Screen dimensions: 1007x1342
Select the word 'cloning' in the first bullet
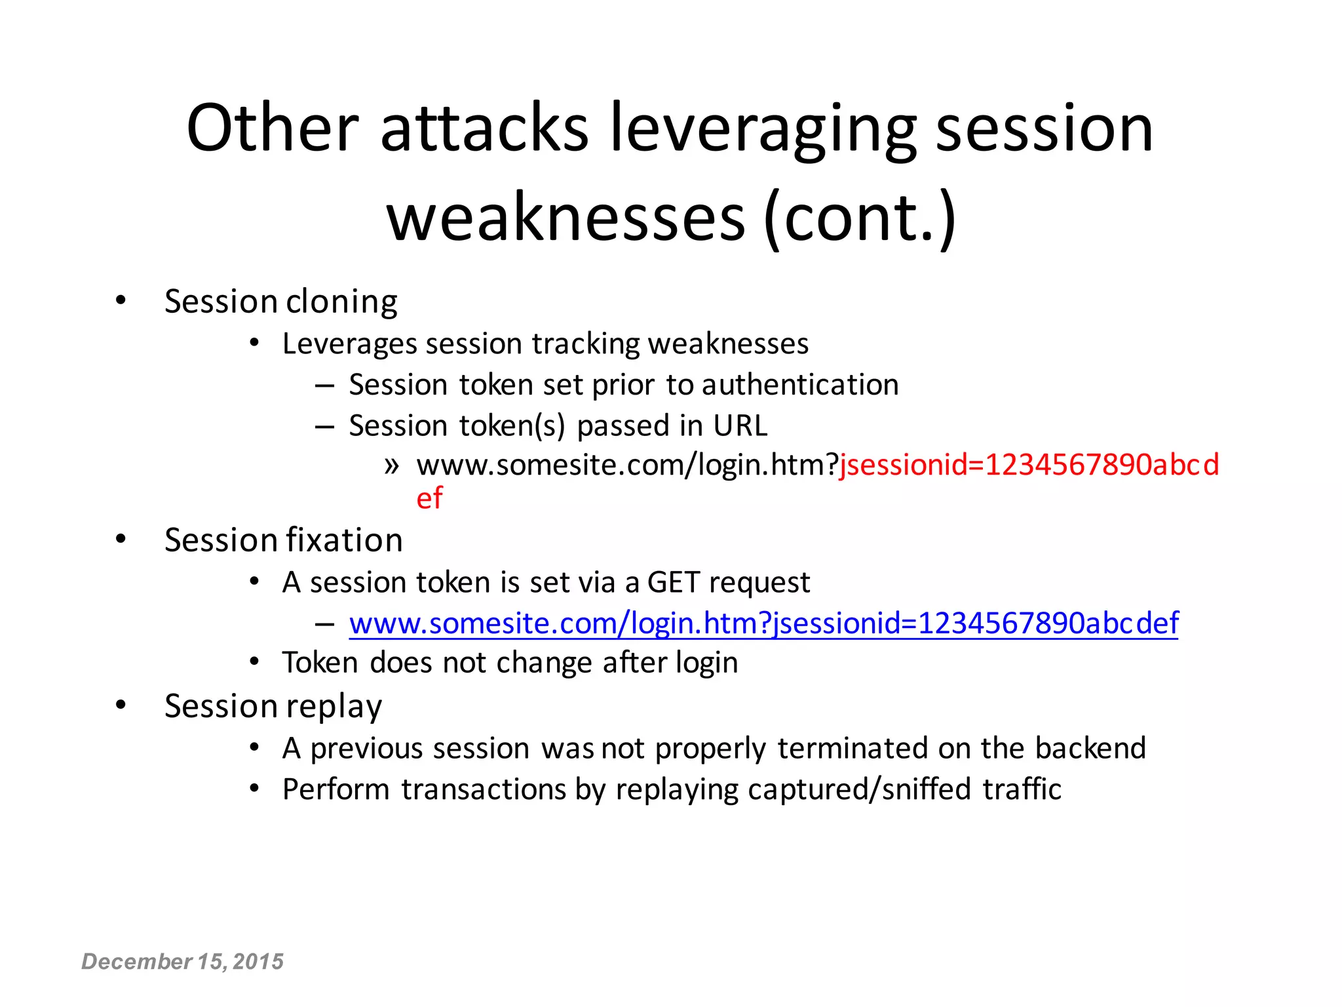[x=341, y=302]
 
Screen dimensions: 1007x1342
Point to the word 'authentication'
[x=799, y=385]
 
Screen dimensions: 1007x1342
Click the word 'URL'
[x=740, y=426]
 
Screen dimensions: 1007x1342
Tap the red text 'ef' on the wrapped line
[x=429, y=499]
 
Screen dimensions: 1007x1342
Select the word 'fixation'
[x=343, y=541]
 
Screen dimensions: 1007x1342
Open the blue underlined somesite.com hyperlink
[x=763, y=623]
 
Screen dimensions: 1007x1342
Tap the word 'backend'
[x=1090, y=749]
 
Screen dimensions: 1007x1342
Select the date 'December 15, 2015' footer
[x=182, y=962]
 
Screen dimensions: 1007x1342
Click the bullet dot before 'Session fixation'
[x=121, y=540]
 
